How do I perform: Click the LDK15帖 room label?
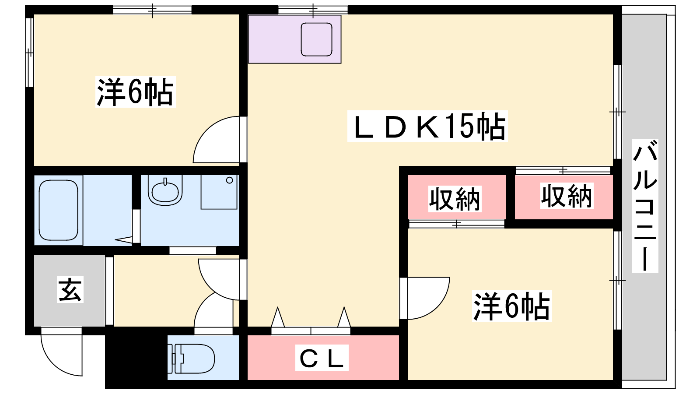tap(427, 127)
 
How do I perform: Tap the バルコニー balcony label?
tap(645, 206)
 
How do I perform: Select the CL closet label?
tap(322, 358)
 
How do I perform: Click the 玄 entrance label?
tap(70, 290)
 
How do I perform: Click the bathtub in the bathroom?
tap(59, 210)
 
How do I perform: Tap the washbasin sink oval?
tap(165, 191)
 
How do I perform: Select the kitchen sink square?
tap(316, 39)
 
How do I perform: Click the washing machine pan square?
tap(219, 192)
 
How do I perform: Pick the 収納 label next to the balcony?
tap(567, 196)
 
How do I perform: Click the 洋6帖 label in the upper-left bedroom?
tap(135, 92)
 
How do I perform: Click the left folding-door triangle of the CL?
tap(277, 318)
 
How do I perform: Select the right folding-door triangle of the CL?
tap(344, 318)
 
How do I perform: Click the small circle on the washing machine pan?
tap(229, 180)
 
